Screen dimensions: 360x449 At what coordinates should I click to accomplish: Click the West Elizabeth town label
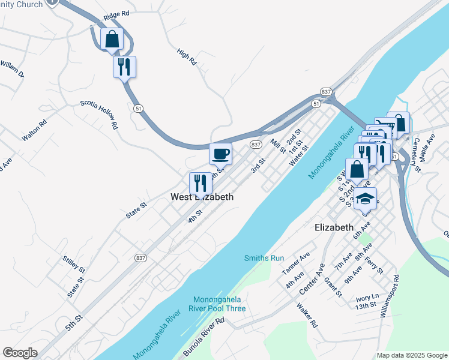click(x=202, y=197)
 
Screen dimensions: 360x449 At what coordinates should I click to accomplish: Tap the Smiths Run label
click(x=264, y=258)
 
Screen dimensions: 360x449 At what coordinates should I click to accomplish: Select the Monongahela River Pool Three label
click(x=219, y=304)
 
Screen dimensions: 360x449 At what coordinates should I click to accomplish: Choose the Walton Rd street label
click(x=34, y=131)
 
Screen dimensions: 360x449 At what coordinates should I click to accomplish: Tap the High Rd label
click(x=187, y=58)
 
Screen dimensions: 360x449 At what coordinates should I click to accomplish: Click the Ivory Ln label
click(x=367, y=297)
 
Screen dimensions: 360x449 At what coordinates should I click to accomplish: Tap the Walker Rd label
click(x=306, y=315)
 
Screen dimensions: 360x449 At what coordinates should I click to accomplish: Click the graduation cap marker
click(x=364, y=198)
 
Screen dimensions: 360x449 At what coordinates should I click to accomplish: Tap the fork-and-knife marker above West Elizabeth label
click(x=200, y=182)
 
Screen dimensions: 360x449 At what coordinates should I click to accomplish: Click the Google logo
click(x=20, y=353)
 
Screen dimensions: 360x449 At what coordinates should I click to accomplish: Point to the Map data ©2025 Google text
click(x=411, y=355)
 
